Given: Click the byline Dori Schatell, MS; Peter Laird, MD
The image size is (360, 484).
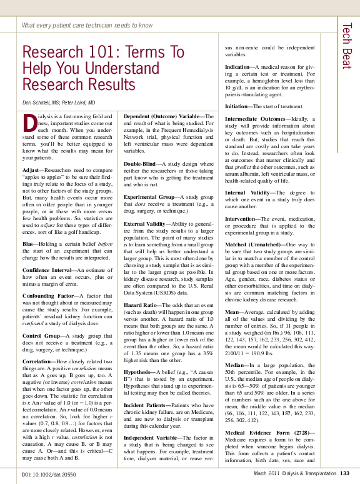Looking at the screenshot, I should coord(59,102).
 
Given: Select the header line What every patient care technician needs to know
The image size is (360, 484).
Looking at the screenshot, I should coord(87,26).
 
